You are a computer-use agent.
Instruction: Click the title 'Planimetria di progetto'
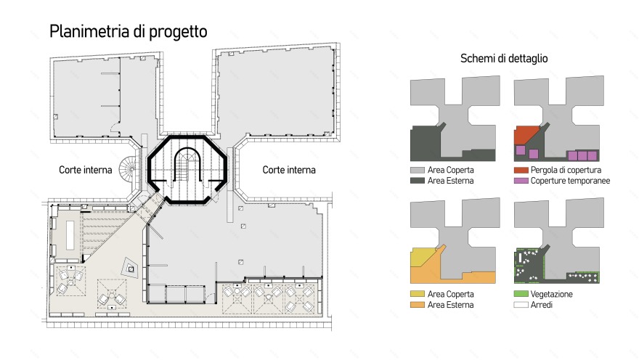pyautogui.click(x=129, y=32)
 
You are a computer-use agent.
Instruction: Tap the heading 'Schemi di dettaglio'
pyautogui.click(x=504, y=59)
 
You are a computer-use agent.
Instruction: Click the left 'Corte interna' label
pyautogui.click(x=85, y=170)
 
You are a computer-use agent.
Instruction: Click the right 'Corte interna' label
pyautogui.click(x=289, y=170)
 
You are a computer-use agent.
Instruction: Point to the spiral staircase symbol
pyautogui.click(x=129, y=168)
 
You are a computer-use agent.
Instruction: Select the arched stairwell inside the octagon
pyautogui.click(x=187, y=164)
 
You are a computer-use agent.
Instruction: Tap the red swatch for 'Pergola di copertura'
pyautogui.click(x=521, y=171)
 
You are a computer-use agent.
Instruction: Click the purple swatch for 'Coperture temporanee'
pyautogui.click(x=521, y=181)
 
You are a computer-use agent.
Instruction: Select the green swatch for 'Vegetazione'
pyautogui.click(x=521, y=294)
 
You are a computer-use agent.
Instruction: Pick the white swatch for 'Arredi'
pyautogui.click(x=521, y=305)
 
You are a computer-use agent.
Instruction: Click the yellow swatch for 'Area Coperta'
pyautogui.click(x=418, y=294)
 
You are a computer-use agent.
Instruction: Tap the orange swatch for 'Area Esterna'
pyautogui.click(x=418, y=305)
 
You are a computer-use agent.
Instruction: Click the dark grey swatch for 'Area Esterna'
pyautogui.click(x=418, y=181)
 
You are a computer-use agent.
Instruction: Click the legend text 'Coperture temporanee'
pyautogui.click(x=570, y=181)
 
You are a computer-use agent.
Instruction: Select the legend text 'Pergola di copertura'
pyautogui.click(x=566, y=171)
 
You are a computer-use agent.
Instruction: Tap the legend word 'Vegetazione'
pyautogui.click(x=551, y=294)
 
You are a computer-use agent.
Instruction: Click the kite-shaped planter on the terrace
pyautogui.click(x=130, y=268)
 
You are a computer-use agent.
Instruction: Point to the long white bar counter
pyautogui.click(x=70, y=235)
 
